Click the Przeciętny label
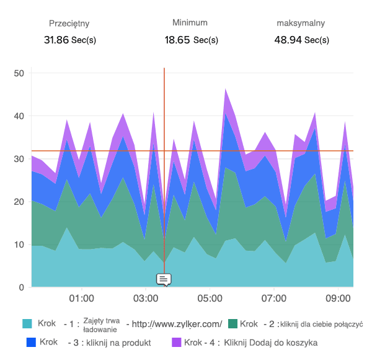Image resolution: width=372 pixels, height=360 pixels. pyautogui.click(x=69, y=24)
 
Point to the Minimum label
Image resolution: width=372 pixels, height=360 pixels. pyautogui.click(x=190, y=22)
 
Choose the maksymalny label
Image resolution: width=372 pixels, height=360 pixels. pyautogui.click(x=301, y=24)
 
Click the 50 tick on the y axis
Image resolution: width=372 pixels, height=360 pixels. pyautogui.click(x=19, y=73)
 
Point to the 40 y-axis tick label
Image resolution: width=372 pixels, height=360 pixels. pyautogui.click(x=19, y=116)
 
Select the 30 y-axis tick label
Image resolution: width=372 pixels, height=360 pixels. pyautogui.click(x=19, y=159)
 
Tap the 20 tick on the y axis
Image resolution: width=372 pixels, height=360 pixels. pyautogui.click(x=19, y=202)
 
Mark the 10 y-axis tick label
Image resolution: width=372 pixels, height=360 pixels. pyautogui.click(x=19, y=245)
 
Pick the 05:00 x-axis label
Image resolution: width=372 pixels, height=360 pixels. pyautogui.click(x=210, y=299)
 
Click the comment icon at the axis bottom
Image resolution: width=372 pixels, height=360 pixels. pyautogui.click(x=164, y=279)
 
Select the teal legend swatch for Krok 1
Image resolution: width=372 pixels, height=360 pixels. pyautogui.click(x=27, y=324)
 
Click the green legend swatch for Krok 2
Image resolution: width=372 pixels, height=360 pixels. pyautogui.click(x=233, y=324)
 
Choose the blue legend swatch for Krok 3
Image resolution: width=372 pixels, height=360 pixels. pyautogui.click(x=32, y=342)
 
